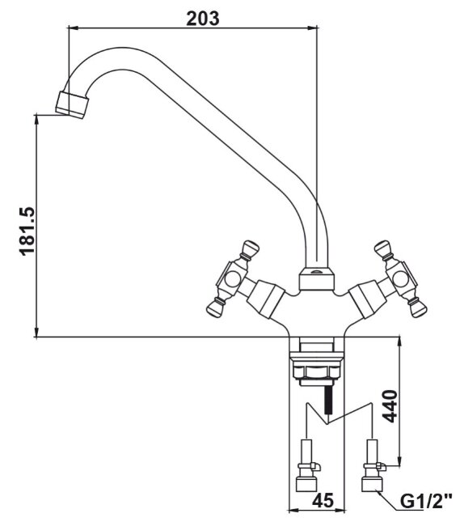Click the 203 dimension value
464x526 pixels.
pos(203,19)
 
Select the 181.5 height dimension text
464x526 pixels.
pos(27,231)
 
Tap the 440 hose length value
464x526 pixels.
pos(390,406)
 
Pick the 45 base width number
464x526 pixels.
pos(323,500)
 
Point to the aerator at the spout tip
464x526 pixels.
pos(72,104)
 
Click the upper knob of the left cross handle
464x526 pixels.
pos(251,248)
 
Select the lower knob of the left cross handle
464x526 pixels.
pos(215,308)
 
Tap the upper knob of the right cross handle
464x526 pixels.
pos(382,248)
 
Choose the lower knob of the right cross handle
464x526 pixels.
pos(418,308)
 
